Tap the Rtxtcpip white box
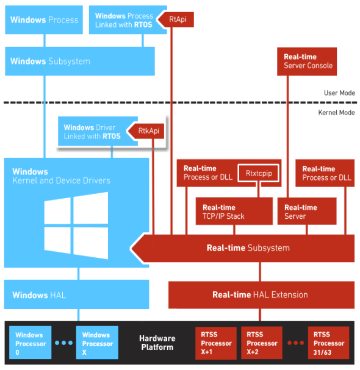click(x=259, y=174)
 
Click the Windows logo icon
click(x=76, y=224)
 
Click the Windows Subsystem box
click(x=79, y=62)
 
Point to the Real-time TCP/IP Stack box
click(x=233, y=212)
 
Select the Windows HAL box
click(x=76, y=295)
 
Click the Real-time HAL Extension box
click(x=261, y=294)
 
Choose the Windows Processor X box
click(x=96, y=343)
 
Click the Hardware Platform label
click(x=157, y=343)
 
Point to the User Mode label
click(x=339, y=93)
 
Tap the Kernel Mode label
click(x=337, y=113)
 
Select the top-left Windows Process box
click(x=44, y=20)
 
